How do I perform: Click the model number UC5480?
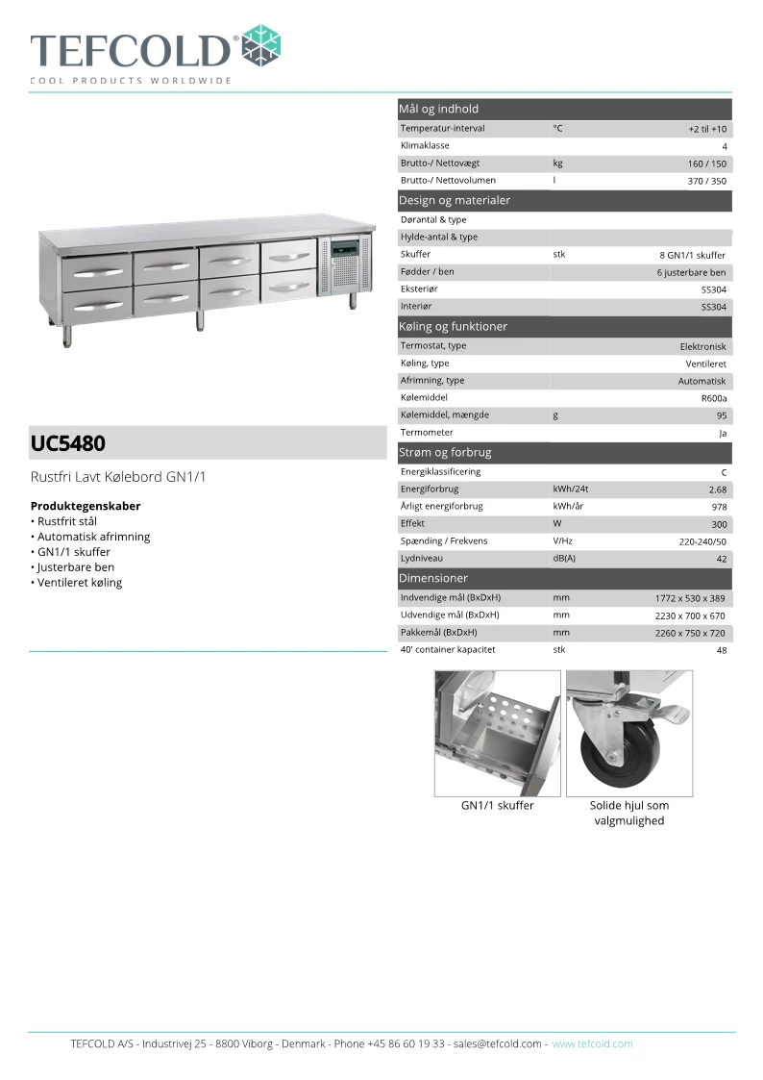coord(68,444)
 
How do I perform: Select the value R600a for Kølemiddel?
coord(714,398)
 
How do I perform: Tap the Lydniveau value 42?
coord(721,559)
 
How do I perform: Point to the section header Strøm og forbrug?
coord(445,452)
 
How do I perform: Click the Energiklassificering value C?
coord(724,473)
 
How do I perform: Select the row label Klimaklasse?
coord(425,146)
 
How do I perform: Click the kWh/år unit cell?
coord(569,507)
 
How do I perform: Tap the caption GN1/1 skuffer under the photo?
coord(497,806)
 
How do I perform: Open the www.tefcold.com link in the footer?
coord(592,1043)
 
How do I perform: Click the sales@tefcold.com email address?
coord(498,1043)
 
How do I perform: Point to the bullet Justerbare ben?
coord(76,567)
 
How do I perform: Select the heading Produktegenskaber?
coord(86,506)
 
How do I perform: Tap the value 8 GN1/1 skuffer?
coord(693,256)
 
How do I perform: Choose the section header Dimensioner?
coord(433,579)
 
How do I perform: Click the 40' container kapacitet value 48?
coord(721,651)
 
